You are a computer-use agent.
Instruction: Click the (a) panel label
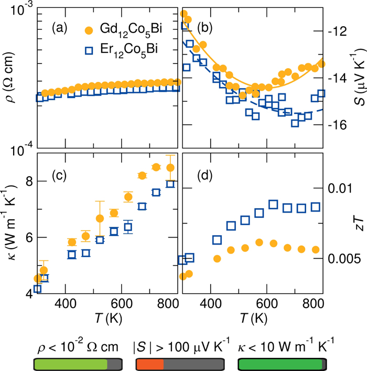pyautogui.click(x=60, y=28)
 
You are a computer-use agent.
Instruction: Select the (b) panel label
pyautogui.click(x=205, y=28)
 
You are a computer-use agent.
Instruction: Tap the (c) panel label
pyautogui.click(x=59, y=176)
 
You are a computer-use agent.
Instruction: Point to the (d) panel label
pyautogui.click(x=205, y=176)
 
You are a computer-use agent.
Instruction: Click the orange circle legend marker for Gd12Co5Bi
pyautogui.click(x=89, y=30)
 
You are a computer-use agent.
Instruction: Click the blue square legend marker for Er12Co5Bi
pyautogui.click(x=89, y=50)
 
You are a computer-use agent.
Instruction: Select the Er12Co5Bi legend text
pyautogui.click(x=129, y=50)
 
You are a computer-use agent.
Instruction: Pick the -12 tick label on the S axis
pyautogui.click(x=338, y=31)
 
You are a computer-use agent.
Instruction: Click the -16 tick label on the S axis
pyautogui.click(x=338, y=125)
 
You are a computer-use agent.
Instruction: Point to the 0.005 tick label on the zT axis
pyautogui.click(x=344, y=259)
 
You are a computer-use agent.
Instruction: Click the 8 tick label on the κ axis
pyautogui.click(x=29, y=181)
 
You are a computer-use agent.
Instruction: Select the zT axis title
pyautogui.click(x=360, y=224)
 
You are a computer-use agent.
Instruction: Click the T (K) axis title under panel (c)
pyautogui.click(x=109, y=318)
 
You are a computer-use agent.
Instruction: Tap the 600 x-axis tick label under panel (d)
pyautogui.click(x=267, y=303)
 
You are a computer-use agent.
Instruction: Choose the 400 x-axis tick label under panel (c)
pyautogui.click(x=65, y=303)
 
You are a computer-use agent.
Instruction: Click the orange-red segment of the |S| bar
pyautogui.click(x=150, y=364)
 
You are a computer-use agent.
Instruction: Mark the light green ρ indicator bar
pyautogui.click(x=71, y=364)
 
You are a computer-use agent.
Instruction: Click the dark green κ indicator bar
pyautogui.click(x=280, y=364)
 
